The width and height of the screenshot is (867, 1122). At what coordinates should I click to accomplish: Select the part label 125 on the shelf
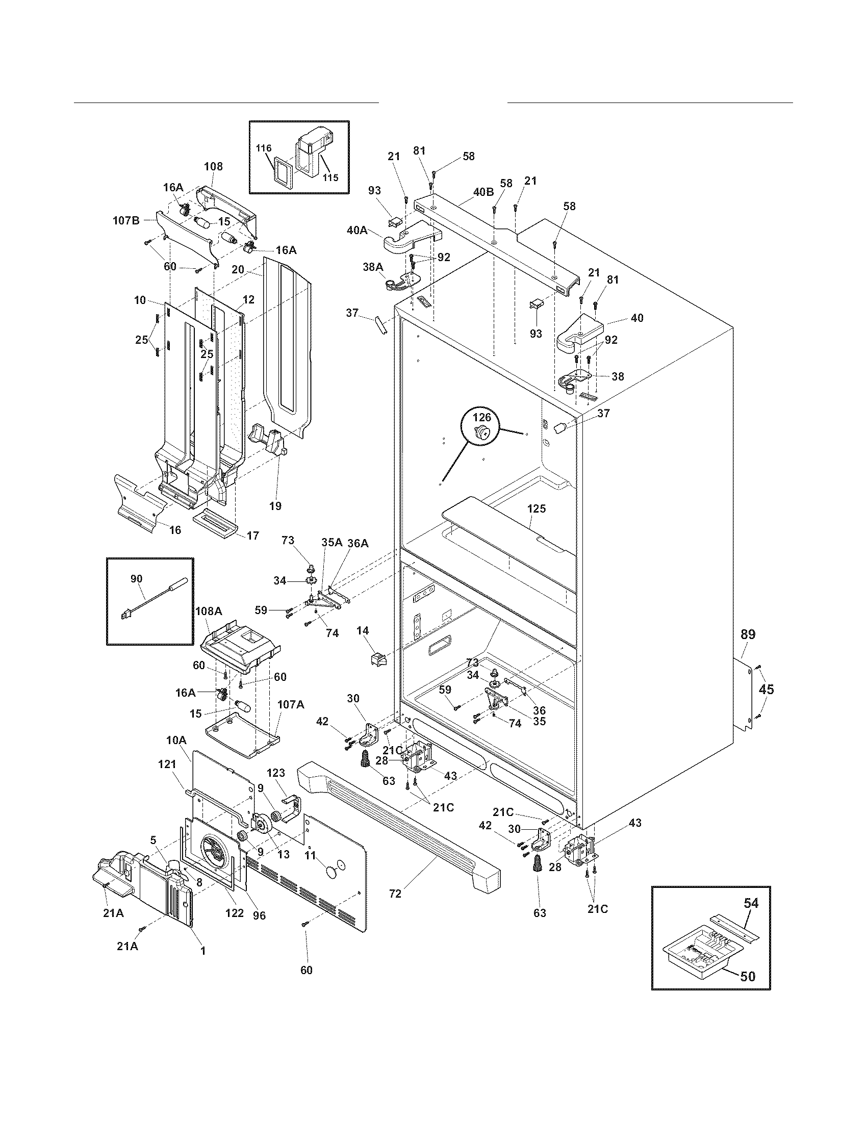click(536, 508)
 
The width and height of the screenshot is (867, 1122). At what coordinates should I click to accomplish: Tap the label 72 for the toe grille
click(395, 894)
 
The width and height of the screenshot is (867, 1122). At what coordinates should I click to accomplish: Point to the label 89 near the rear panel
click(748, 634)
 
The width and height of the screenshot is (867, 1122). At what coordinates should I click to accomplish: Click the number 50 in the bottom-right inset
click(749, 976)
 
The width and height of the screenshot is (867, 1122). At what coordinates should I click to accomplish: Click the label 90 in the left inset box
click(136, 578)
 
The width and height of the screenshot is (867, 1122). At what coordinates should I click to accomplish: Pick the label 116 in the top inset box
click(264, 148)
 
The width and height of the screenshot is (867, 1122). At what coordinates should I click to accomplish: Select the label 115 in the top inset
click(330, 178)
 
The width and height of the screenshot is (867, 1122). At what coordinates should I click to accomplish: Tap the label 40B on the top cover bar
click(483, 192)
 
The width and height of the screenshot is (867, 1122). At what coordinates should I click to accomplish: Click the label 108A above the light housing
click(209, 611)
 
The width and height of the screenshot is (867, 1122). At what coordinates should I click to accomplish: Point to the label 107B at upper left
click(126, 221)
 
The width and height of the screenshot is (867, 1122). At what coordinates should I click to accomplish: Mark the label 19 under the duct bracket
click(275, 505)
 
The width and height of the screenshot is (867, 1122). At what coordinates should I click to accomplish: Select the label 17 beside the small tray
click(252, 535)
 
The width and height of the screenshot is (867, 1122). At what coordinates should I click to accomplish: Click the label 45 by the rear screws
click(766, 690)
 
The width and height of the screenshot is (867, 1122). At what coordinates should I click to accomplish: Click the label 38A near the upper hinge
click(373, 267)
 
